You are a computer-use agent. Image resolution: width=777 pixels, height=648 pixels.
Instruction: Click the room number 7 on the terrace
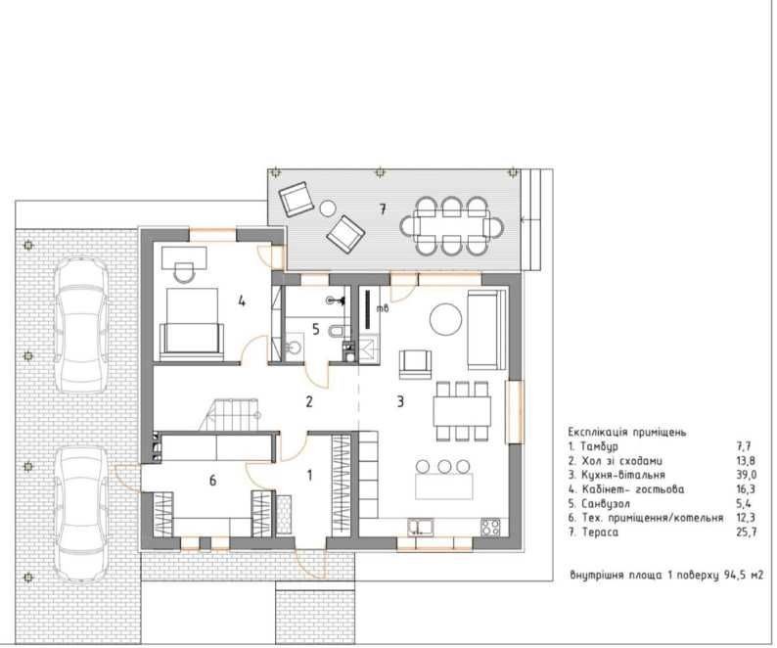382,209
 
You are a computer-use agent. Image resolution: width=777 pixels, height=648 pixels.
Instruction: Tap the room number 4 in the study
242,301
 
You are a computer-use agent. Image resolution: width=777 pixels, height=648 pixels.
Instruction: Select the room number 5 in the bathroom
316,329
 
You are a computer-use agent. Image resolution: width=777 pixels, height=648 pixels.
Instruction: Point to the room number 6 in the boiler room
212,481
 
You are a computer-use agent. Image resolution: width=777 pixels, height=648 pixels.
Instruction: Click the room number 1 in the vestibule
309,476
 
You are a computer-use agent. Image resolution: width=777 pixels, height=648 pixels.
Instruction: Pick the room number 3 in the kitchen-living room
400,401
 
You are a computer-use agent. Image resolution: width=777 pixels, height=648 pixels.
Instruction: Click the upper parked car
81,325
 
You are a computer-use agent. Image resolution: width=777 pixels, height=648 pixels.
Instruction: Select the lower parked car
81,514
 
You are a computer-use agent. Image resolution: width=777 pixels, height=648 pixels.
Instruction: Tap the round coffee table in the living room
445,319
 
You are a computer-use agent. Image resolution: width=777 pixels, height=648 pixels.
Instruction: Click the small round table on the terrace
327,208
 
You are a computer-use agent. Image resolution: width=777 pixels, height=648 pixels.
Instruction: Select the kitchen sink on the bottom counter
421,527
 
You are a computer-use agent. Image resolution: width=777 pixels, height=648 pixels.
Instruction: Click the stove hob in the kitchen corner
490,527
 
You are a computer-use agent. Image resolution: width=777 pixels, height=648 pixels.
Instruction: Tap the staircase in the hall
230,414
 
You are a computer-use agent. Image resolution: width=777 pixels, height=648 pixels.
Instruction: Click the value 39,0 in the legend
747,475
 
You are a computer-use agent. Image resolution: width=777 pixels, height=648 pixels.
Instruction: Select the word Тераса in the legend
600,532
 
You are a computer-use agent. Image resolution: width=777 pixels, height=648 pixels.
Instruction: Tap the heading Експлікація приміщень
627,432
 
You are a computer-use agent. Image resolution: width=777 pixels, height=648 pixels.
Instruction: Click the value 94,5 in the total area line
728,576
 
